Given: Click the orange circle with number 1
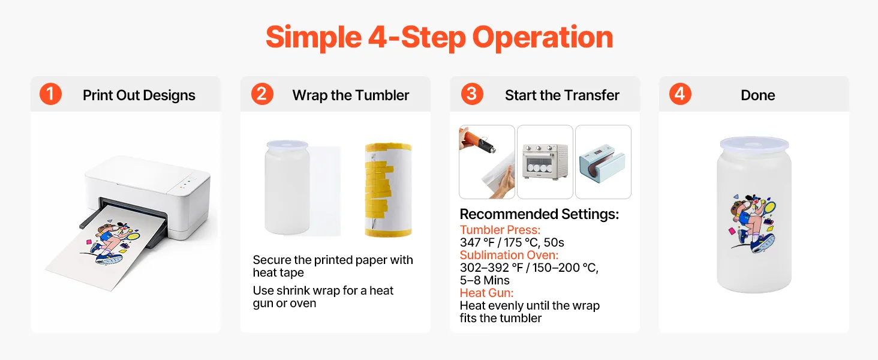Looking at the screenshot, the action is click(50, 94).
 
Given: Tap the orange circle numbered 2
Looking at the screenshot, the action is click(262, 94).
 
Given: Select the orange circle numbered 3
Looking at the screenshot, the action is click(472, 94).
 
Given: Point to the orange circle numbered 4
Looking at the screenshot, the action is click(680, 94).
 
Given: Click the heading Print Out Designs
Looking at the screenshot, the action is click(139, 95).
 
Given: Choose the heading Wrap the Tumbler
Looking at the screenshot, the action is click(350, 95).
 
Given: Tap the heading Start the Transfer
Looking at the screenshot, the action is click(562, 95).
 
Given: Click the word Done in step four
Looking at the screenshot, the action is click(757, 95).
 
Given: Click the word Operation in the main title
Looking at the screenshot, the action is click(543, 38).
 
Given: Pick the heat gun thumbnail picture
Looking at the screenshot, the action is click(487, 162).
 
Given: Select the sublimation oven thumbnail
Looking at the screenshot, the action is click(545, 162).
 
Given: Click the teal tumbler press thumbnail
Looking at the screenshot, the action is click(603, 162).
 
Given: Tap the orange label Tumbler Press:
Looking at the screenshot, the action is click(500, 230).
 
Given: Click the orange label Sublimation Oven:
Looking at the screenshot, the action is click(509, 255).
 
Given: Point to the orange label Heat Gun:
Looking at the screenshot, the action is click(486, 293).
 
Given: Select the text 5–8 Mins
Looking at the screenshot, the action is click(485, 280).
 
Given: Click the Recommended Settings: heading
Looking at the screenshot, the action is click(539, 214).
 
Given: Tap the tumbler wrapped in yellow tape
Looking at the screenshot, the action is click(388, 190).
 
